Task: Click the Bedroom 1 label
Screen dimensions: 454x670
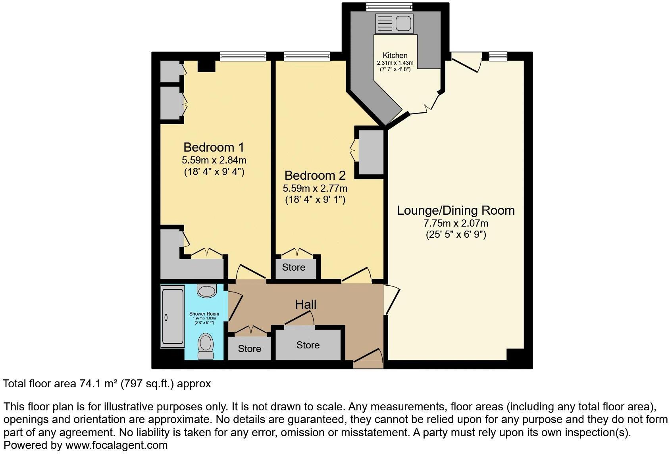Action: coord(214,147)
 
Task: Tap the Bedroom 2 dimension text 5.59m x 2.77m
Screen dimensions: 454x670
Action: coord(315,188)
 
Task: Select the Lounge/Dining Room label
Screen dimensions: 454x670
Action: coord(456,210)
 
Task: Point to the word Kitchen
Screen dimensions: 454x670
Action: coord(395,56)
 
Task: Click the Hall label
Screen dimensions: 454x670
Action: coord(306,304)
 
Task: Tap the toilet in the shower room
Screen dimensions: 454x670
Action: coord(205,346)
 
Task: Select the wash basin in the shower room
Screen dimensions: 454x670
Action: coord(206,291)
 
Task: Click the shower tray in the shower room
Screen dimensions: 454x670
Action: coord(172,317)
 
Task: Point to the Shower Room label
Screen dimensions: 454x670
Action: coord(204,314)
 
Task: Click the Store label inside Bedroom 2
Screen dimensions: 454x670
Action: coord(293,267)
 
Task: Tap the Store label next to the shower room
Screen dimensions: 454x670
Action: coord(249,349)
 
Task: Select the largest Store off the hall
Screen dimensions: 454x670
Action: coord(308,345)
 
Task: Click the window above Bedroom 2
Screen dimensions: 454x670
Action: coord(307,56)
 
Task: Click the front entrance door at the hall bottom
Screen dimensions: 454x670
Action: coord(368,356)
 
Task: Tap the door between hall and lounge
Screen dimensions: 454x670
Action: coord(391,300)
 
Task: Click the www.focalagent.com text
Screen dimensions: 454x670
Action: coord(116,445)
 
